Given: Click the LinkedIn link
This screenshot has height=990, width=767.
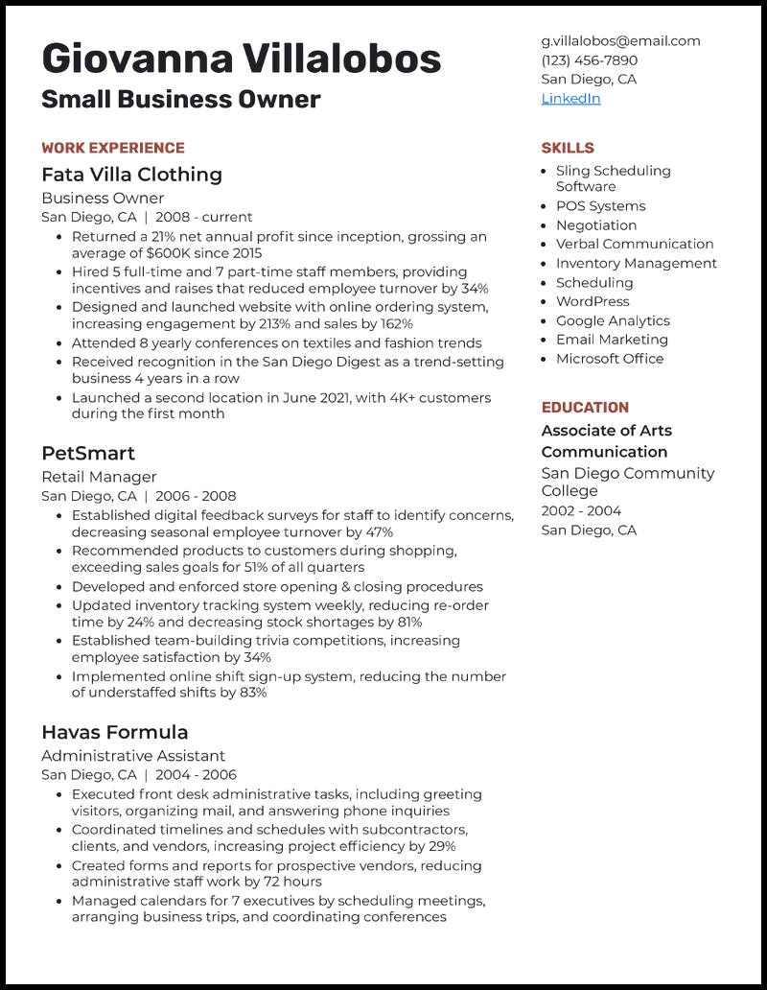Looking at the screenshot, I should click(x=570, y=99).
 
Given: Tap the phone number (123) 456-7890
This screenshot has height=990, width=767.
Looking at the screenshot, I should click(x=589, y=60).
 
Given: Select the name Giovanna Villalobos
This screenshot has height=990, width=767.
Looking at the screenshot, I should click(x=242, y=59).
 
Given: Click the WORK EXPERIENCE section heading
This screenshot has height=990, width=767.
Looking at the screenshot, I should click(x=113, y=148).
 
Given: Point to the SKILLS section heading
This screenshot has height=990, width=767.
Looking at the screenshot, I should click(x=568, y=148).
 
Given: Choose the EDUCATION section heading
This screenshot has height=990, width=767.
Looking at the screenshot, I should click(x=585, y=408).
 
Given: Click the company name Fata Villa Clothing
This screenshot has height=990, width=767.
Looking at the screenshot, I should click(x=131, y=175).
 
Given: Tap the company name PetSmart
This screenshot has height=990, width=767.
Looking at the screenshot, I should click(x=88, y=453).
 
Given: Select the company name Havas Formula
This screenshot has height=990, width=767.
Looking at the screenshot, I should click(x=115, y=732).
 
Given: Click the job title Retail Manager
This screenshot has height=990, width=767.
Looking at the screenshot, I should click(x=99, y=477).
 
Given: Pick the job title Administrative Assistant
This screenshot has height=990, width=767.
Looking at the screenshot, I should click(x=133, y=756).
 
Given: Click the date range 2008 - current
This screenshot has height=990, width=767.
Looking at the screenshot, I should click(x=204, y=217).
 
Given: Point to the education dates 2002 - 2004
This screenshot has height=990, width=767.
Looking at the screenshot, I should click(x=581, y=511).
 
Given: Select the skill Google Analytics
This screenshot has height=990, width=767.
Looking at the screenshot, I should click(x=613, y=320).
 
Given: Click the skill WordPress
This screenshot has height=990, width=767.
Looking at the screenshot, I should click(x=593, y=301).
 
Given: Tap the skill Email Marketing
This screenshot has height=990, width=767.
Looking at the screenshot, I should click(x=612, y=340).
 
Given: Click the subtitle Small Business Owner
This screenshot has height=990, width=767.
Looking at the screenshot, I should click(x=181, y=99).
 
